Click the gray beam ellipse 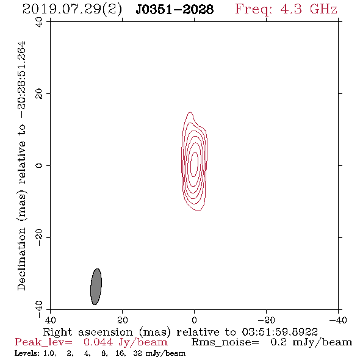[96, 287]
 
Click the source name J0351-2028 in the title [175, 9]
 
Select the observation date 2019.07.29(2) [72, 10]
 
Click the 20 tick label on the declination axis [39, 94]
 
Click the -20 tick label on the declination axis [39, 237]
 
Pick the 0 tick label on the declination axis [39, 165]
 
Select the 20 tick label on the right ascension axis [123, 320]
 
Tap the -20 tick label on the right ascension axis [266, 320]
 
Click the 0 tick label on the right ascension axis [195, 320]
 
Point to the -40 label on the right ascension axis [338, 320]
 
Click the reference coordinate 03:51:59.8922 [279, 332]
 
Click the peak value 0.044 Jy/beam [125, 342]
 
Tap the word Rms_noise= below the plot [225, 342]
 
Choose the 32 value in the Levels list [137, 353]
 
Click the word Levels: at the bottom [27, 353]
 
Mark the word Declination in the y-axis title [22, 259]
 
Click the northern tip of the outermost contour [190, 112]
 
